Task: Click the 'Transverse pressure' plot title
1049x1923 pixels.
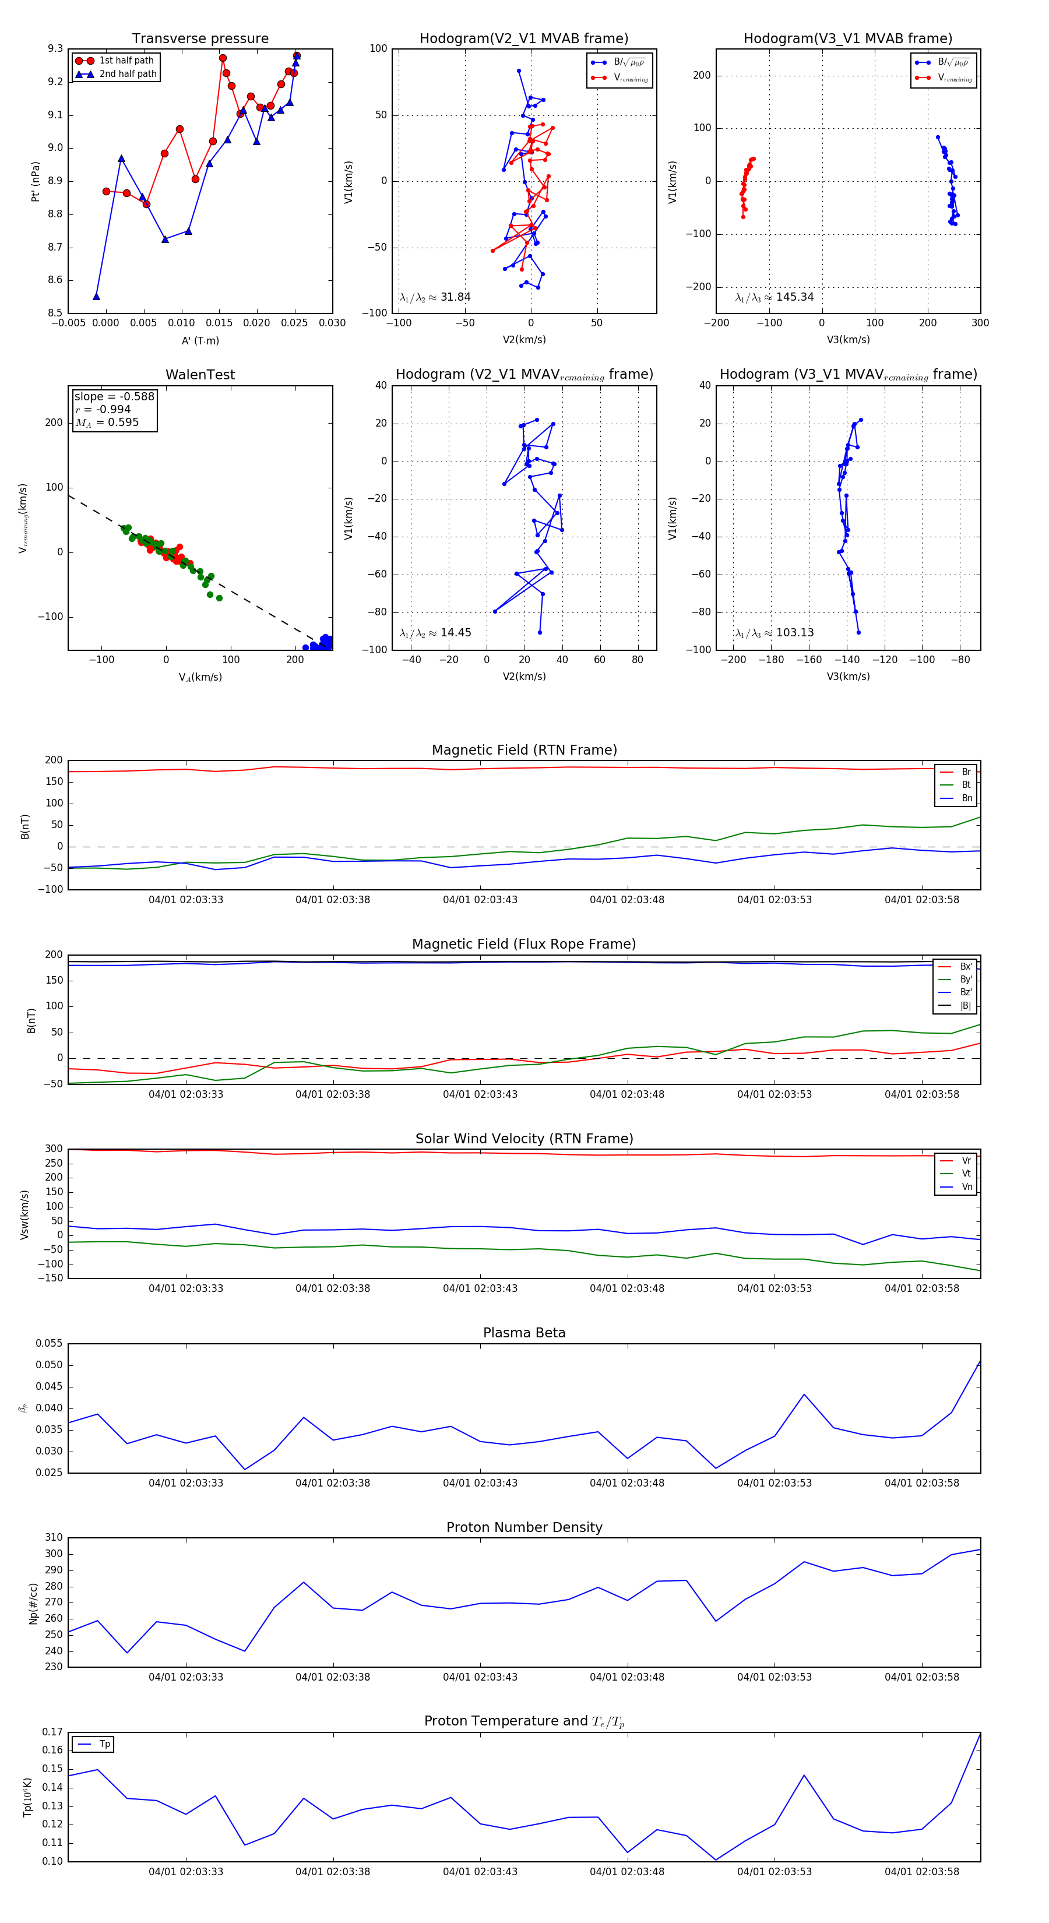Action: pos(200,39)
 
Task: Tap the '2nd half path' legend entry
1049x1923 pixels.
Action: pos(128,74)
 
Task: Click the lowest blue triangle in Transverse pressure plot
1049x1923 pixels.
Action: pos(96,297)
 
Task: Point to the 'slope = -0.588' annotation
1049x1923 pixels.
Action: pos(114,396)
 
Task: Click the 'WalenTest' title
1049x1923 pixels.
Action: pos(200,375)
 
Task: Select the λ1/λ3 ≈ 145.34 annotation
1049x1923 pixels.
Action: pos(775,297)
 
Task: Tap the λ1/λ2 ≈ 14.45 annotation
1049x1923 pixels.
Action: pos(435,633)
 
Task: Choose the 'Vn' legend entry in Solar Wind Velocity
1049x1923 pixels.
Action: pos(966,1187)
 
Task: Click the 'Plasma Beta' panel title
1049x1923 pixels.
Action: pos(524,1333)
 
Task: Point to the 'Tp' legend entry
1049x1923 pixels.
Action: pos(104,1745)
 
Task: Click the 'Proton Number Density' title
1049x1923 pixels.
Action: pos(524,1527)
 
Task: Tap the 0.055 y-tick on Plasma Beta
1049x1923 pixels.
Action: pos(50,1344)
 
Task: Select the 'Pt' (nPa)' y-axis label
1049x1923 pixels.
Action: pos(35,181)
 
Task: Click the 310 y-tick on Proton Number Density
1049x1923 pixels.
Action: pos(54,1538)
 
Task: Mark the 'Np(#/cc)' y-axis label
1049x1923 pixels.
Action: pos(33,1602)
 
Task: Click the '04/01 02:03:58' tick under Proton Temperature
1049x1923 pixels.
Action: pos(921,1872)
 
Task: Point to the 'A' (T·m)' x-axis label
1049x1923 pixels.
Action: pos(200,340)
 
